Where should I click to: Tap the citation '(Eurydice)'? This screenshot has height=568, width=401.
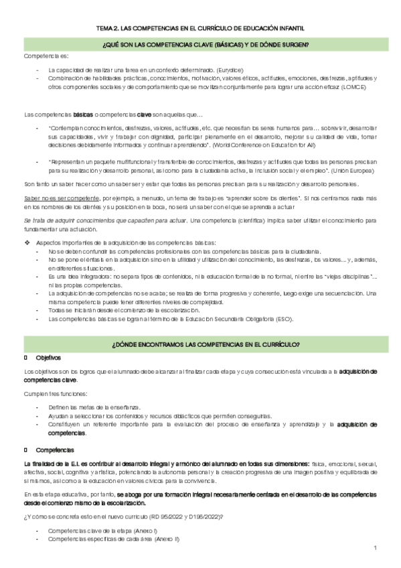coord(229,70)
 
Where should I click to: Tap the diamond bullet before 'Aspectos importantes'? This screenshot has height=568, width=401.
coord(27,241)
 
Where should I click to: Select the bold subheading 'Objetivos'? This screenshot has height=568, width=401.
coord(48,358)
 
